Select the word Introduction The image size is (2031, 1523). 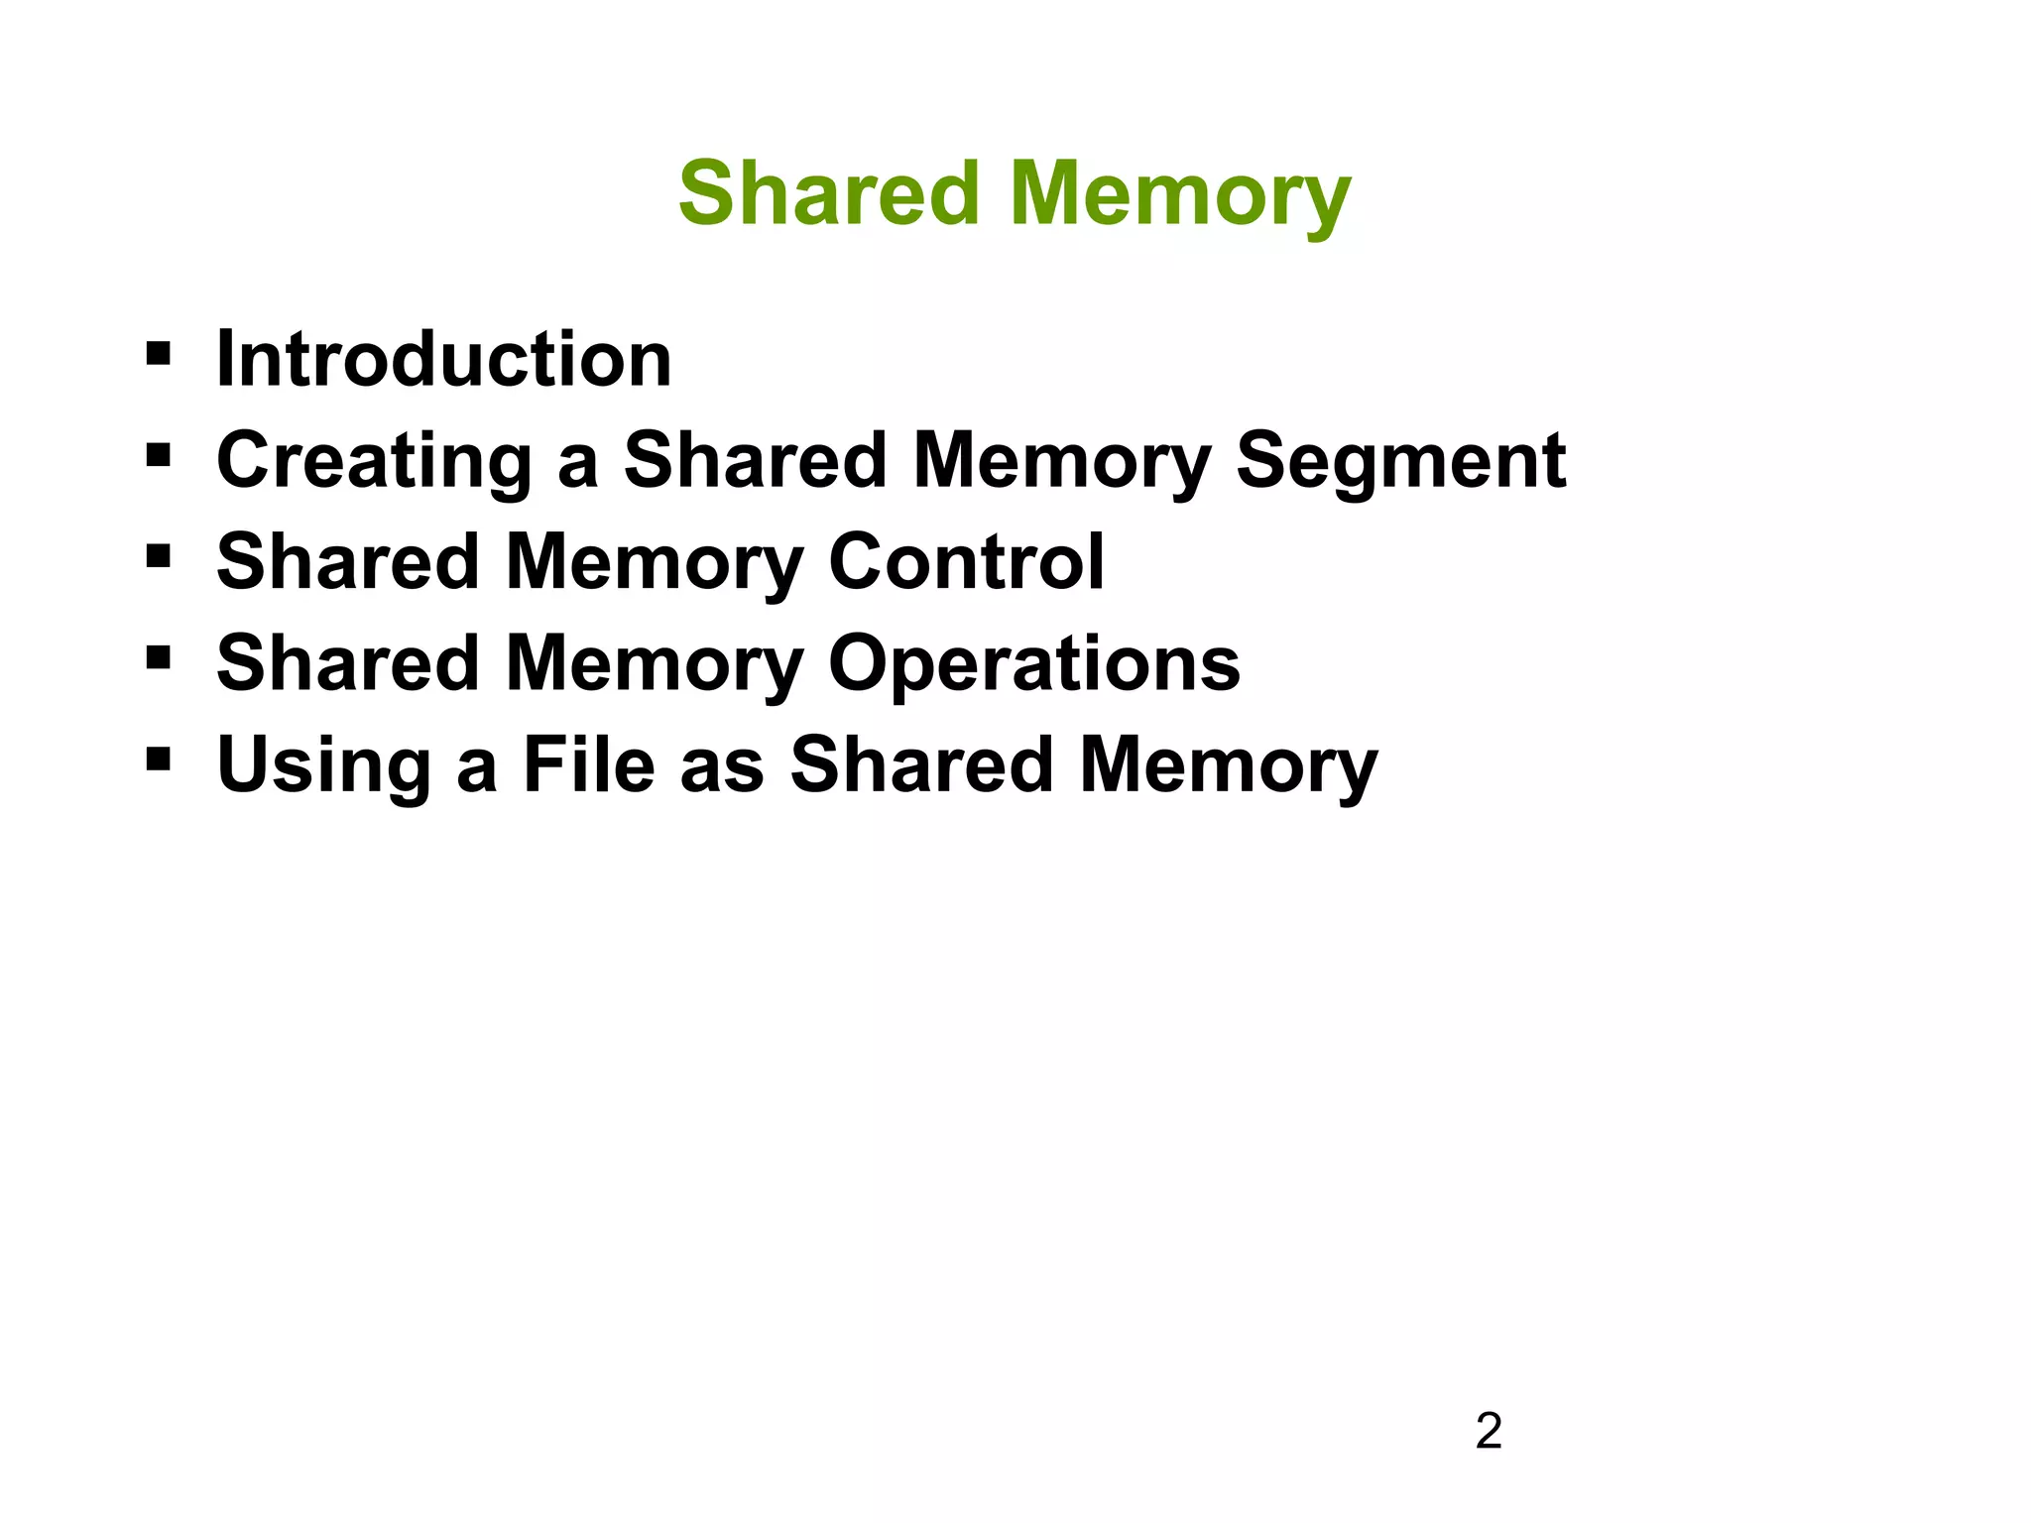point(443,359)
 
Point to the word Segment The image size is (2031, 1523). point(1400,461)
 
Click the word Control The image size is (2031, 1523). point(966,562)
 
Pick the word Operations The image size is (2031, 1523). point(1033,664)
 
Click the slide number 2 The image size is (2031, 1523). point(1489,1432)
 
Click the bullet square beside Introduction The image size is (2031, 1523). point(158,353)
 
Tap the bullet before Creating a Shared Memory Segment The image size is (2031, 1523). point(158,455)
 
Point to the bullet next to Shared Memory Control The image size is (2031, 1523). point(158,556)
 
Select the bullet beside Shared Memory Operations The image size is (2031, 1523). point(158,658)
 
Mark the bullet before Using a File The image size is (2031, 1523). point(158,760)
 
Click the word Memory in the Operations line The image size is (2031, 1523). point(655,664)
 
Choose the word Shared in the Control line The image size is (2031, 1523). point(348,562)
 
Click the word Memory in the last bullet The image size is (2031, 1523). point(1228,765)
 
